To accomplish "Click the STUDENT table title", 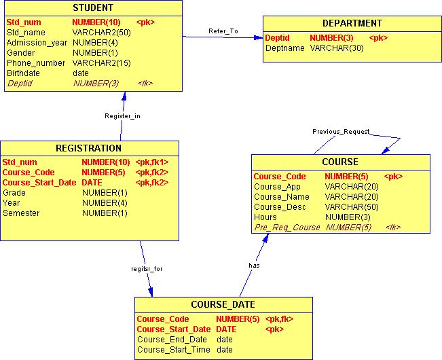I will [x=93, y=8].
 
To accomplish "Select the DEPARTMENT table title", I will [x=352, y=24].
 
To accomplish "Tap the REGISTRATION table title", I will [x=88, y=148].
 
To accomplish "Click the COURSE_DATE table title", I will [x=223, y=304].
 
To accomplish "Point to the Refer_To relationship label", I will [x=223, y=31].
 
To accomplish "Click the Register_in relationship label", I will [x=122, y=116].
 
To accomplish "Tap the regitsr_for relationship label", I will [x=147, y=268].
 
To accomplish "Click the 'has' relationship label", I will [x=254, y=265].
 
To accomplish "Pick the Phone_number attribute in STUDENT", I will [x=36, y=63].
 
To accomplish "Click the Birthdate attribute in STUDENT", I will [x=23, y=73].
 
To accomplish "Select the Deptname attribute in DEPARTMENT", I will [x=284, y=48].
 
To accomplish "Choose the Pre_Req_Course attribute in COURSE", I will [x=287, y=228].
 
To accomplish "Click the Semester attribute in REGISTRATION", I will [x=21, y=213].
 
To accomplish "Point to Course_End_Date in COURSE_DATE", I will [x=172, y=340].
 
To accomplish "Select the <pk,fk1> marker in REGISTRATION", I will [x=152, y=162].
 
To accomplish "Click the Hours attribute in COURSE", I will [x=265, y=217].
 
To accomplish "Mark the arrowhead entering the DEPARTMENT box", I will [x=259, y=38].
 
